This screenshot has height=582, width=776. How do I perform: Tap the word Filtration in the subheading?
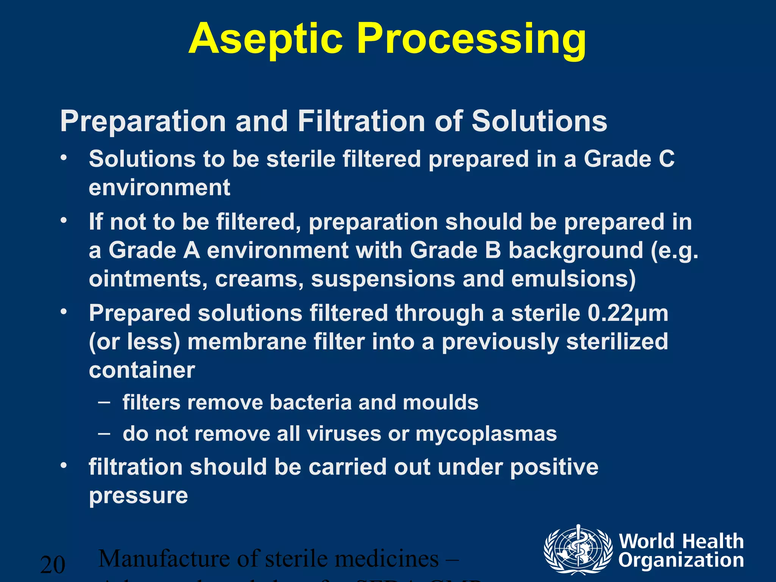pos(361,122)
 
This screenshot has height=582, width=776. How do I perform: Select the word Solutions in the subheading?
pos(539,122)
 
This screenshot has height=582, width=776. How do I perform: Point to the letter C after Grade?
pos(666,159)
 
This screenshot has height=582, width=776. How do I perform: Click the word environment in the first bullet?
pos(160,188)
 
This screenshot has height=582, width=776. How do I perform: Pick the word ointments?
pos(148,279)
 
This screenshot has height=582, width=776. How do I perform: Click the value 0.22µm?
pos(628,314)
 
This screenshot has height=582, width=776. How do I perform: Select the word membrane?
pos(247,342)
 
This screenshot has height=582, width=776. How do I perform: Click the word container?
pos(142,370)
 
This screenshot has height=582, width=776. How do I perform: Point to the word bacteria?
pos(311,402)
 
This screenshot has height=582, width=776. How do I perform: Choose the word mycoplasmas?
pos(486,434)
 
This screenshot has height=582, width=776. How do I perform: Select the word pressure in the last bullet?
pos(138,496)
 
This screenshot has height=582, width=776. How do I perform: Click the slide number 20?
pos(53,565)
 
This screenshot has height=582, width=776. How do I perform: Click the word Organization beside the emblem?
pos(681,560)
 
